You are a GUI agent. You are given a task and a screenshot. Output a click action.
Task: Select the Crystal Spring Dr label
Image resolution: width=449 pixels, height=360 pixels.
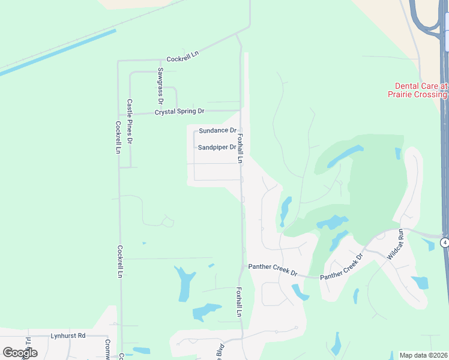point(179,112)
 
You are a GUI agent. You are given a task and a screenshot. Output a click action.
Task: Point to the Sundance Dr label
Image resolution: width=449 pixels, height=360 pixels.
point(217,130)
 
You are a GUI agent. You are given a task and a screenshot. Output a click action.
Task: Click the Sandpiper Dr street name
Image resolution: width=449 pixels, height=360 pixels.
point(217,147)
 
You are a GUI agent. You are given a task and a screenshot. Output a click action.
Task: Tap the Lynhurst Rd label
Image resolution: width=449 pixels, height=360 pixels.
point(68,335)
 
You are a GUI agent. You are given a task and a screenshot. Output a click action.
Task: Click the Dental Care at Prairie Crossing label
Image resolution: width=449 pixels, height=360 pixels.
point(421,91)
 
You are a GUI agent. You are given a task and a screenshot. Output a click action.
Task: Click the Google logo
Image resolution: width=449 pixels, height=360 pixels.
point(20,353)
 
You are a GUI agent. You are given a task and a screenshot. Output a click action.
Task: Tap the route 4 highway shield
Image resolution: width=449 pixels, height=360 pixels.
point(444,242)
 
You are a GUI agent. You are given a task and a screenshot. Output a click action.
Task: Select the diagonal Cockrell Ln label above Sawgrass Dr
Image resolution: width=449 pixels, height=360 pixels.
point(182,56)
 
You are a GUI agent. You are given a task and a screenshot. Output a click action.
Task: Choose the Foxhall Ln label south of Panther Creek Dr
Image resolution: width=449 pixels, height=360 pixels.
point(238,302)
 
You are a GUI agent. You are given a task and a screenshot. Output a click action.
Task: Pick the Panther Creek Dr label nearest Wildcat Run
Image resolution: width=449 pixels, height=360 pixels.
point(342,267)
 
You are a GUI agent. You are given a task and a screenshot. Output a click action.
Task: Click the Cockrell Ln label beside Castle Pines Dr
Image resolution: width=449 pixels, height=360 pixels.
point(118,138)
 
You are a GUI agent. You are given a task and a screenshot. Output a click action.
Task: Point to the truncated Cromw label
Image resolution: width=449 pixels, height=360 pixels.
point(109,347)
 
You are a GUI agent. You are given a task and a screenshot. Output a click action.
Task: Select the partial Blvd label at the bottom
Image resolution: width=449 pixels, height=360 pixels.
point(220,352)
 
